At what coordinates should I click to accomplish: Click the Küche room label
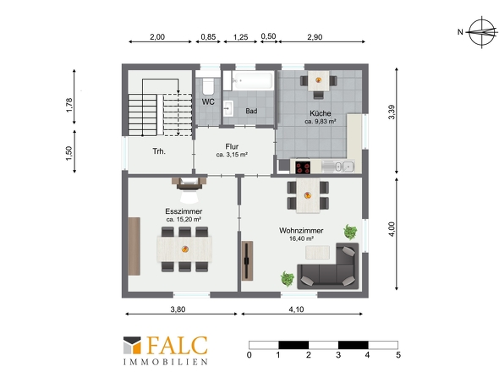point(321,113)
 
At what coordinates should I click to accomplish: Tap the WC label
point(208,101)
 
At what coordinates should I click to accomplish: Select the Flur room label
point(232,147)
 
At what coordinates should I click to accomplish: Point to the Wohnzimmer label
point(301,231)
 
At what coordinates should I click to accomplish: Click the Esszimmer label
point(184,211)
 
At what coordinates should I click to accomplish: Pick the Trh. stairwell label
point(159,151)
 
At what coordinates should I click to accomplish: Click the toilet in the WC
point(208,85)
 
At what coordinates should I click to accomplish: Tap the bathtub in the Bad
point(253,79)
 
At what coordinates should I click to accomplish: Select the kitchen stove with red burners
point(303,167)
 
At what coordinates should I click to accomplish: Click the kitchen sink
point(337,167)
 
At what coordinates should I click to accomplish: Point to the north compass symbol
point(482,32)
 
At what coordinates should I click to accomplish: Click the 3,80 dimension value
point(178,309)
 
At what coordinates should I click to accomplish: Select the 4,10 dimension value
point(296,309)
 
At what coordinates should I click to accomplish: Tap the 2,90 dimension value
point(315,37)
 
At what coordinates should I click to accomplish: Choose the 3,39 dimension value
point(392,112)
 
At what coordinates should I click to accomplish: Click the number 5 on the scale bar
point(398,355)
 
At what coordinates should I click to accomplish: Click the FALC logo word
point(177,345)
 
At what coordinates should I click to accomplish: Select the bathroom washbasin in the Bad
point(228,108)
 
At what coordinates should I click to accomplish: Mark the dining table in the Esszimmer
point(184,249)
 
